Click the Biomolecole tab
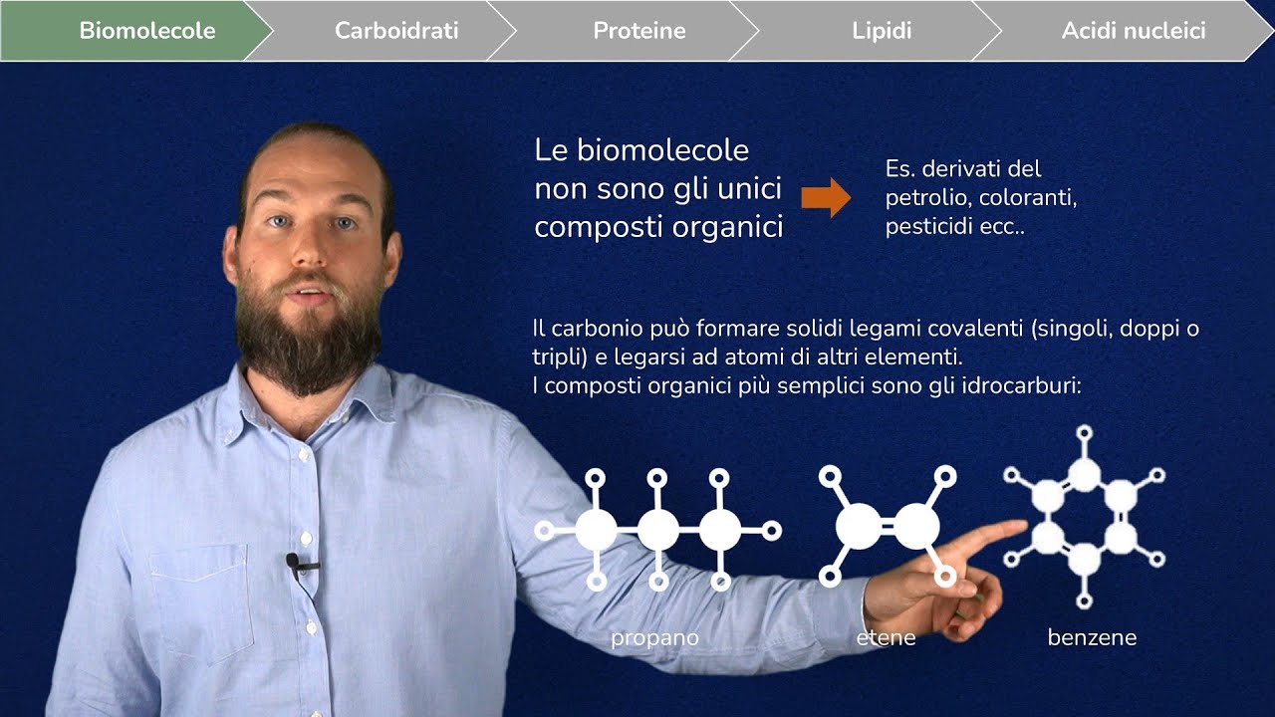(x=146, y=31)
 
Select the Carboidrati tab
(x=396, y=31)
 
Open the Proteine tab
(x=639, y=31)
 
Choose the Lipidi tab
(x=882, y=31)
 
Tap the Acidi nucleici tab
(x=1134, y=31)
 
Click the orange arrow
(x=826, y=197)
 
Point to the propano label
(x=654, y=637)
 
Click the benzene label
(x=1092, y=637)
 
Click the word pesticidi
(x=930, y=227)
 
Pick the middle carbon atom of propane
(x=657, y=531)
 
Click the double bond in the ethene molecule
(x=888, y=527)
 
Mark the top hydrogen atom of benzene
(x=1085, y=433)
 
